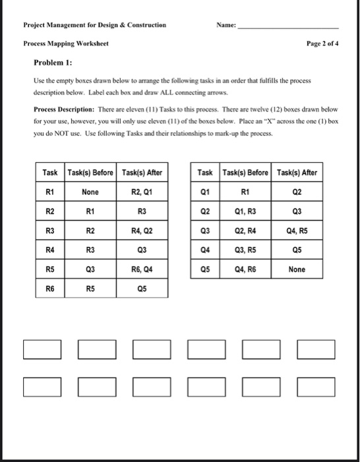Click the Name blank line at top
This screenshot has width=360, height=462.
(288, 29)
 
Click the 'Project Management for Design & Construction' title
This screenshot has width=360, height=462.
(94, 26)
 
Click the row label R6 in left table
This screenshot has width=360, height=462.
(49, 288)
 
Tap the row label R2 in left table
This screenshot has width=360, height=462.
(49, 211)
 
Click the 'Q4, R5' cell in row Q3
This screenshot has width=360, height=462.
(297, 231)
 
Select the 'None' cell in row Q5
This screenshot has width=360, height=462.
(297, 269)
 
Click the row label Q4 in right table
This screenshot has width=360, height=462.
(205, 250)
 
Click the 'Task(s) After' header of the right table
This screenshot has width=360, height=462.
(297, 173)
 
